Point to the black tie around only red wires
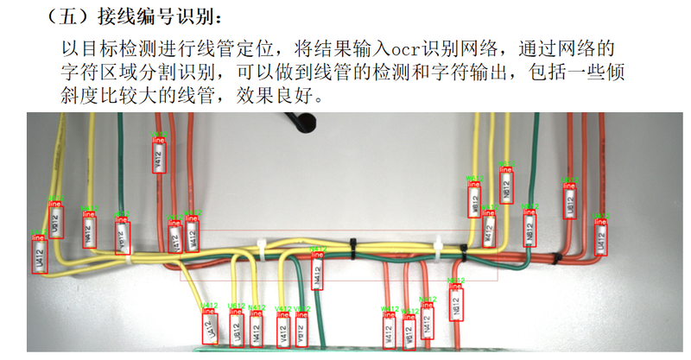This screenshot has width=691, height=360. pos(557,257)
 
